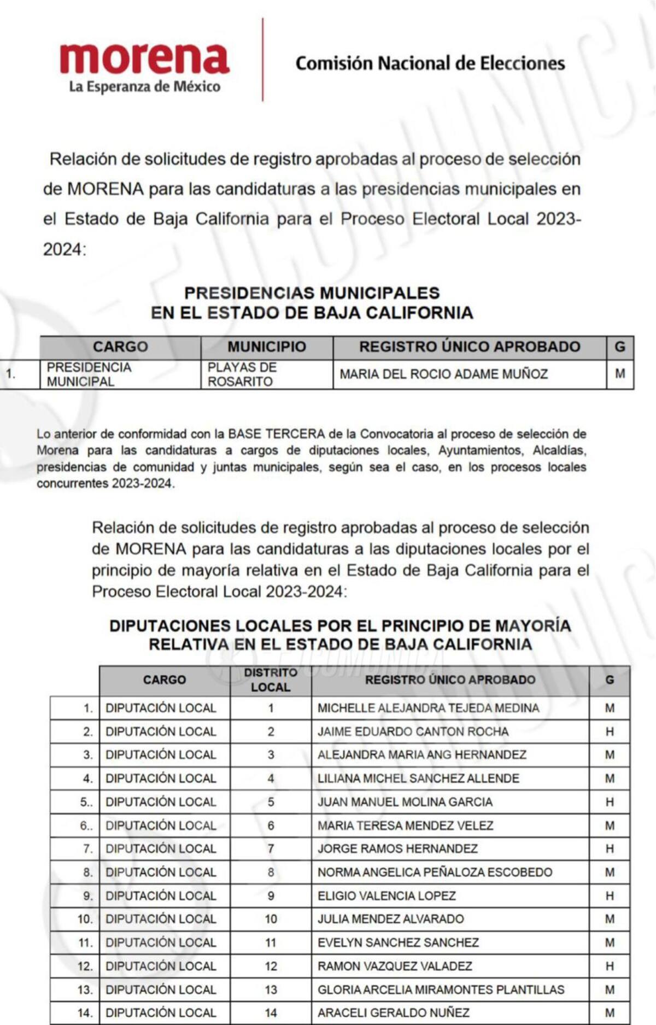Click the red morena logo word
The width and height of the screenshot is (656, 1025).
pyautogui.click(x=144, y=58)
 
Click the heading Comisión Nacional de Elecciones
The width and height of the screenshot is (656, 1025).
pyautogui.click(x=430, y=63)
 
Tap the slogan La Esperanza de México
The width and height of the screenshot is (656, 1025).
pyautogui.click(x=144, y=86)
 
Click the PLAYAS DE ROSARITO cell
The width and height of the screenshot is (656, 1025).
pyautogui.click(x=242, y=374)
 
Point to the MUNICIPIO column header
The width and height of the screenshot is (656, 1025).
pyautogui.click(x=266, y=347)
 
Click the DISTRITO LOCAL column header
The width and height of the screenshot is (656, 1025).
pyautogui.click(x=271, y=680)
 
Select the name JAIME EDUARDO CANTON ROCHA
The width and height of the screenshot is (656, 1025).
pyautogui.click(x=413, y=731)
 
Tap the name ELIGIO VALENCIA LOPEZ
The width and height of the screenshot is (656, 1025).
pyautogui.click(x=386, y=895)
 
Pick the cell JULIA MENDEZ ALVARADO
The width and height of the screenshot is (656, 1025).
pyautogui.click(x=390, y=919)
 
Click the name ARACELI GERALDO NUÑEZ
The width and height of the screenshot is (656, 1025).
pyautogui.click(x=394, y=1012)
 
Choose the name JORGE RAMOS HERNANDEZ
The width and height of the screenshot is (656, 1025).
pyautogui.click(x=397, y=848)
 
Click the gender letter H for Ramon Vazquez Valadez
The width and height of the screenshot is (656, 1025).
pyautogui.click(x=610, y=966)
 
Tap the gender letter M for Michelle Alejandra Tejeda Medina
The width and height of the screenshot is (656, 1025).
pyautogui.click(x=610, y=708)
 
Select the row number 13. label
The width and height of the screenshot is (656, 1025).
pyautogui.click(x=85, y=989)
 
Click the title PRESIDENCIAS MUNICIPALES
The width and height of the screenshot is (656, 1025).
pyautogui.click(x=312, y=293)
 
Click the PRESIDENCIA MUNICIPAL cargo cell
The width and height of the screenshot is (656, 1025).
pyautogui.click(x=89, y=374)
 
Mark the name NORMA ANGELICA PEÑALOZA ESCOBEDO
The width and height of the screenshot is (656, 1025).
pyautogui.click(x=435, y=872)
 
